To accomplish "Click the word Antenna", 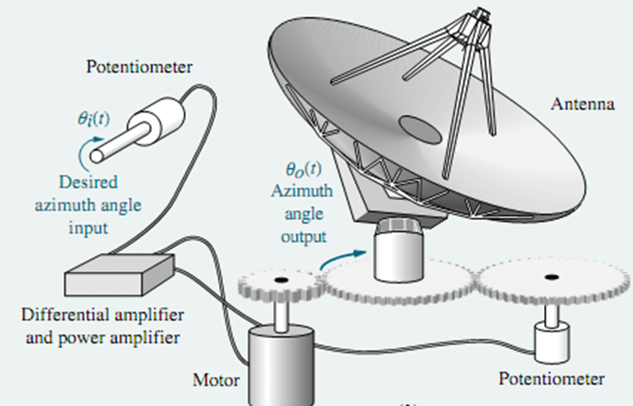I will click(583, 104).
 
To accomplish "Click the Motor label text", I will click(216, 381).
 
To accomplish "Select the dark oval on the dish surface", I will click(420, 129).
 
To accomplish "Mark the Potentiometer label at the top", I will click(139, 68).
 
